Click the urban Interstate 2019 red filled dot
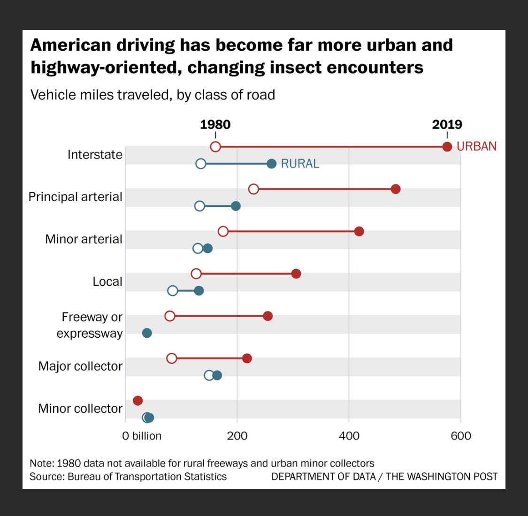click(x=447, y=147)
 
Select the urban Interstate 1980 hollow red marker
click(x=215, y=147)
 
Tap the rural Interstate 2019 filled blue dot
click(x=271, y=164)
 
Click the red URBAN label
click(x=476, y=146)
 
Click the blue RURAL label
click(x=300, y=164)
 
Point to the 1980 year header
click(x=215, y=124)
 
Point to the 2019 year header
click(x=447, y=124)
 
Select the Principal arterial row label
click(x=76, y=197)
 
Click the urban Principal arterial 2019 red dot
click(x=396, y=189)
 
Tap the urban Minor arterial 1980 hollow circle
click(x=223, y=231)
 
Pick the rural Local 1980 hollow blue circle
click(x=173, y=291)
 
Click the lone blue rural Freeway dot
click(x=147, y=333)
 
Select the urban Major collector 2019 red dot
click(x=247, y=358)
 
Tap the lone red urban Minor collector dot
click(x=138, y=401)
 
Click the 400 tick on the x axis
click(x=349, y=436)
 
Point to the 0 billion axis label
click(x=142, y=436)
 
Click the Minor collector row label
click(x=80, y=409)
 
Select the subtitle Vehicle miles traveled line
click(x=153, y=95)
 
